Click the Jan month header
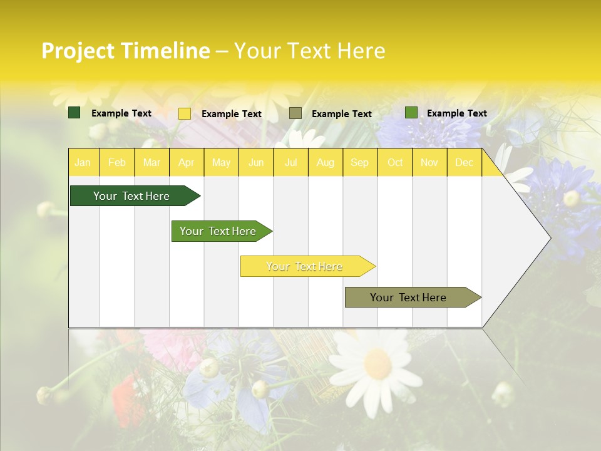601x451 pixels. click(x=83, y=163)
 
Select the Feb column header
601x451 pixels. click(x=117, y=163)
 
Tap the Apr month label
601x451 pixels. click(x=187, y=163)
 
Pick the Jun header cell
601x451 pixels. click(x=256, y=163)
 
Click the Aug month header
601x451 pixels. click(x=326, y=163)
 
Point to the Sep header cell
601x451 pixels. click(x=360, y=163)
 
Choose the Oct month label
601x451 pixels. click(x=395, y=163)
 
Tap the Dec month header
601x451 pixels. click(x=465, y=163)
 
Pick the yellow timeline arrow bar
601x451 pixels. click(x=306, y=266)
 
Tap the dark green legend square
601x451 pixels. click(x=74, y=113)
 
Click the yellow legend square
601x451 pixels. click(x=185, y=113)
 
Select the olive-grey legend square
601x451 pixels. click(x=295, y=113)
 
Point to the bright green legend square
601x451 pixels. click(x=411, y=113)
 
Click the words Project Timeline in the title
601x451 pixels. click(x=126, y=51)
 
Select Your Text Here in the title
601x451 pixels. click(x=310, y=51)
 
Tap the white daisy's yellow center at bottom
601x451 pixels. click(x=378, y=363)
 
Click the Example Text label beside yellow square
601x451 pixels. click(x=232, y=114)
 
